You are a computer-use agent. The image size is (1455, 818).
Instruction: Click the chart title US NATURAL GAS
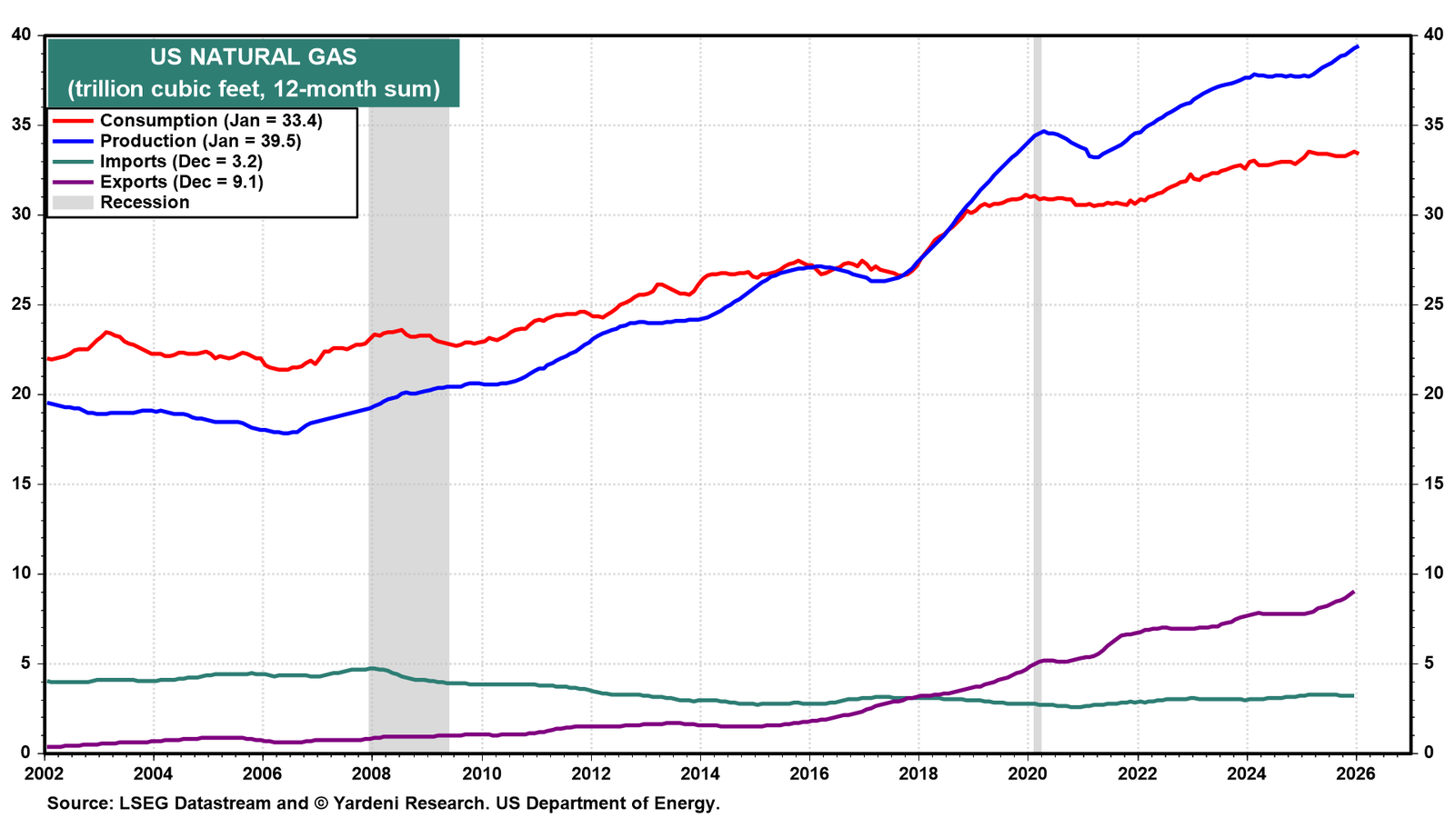pos(254,57)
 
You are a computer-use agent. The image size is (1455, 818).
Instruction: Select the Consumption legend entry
pos(187,121)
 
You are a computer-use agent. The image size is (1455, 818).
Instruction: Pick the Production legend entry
pos(176,141)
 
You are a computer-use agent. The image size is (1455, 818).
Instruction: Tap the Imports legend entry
pos(157,161)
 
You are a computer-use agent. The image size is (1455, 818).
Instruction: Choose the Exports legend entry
pos(158,182)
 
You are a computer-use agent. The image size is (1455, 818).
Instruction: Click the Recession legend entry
pos(121,203)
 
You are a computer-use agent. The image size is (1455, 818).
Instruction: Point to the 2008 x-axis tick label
pos(372,773)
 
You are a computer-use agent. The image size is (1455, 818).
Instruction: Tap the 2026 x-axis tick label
pos(1356,773)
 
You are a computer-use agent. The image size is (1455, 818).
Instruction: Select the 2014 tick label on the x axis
pos(700,773)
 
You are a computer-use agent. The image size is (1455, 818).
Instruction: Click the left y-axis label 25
pos(21,304)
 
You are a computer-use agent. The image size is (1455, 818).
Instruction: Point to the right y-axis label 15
pos(1433,484)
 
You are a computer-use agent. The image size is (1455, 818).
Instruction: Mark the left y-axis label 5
pos(26,663)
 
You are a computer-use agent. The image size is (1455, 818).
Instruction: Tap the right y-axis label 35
pos(1433,125)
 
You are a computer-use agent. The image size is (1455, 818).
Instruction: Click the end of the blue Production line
pos(1358,46)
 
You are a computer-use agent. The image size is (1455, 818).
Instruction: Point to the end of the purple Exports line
pos(1354,592)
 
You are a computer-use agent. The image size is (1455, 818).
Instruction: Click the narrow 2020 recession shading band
pos(1038,394)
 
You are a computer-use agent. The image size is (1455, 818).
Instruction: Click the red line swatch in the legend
pos(72,121)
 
